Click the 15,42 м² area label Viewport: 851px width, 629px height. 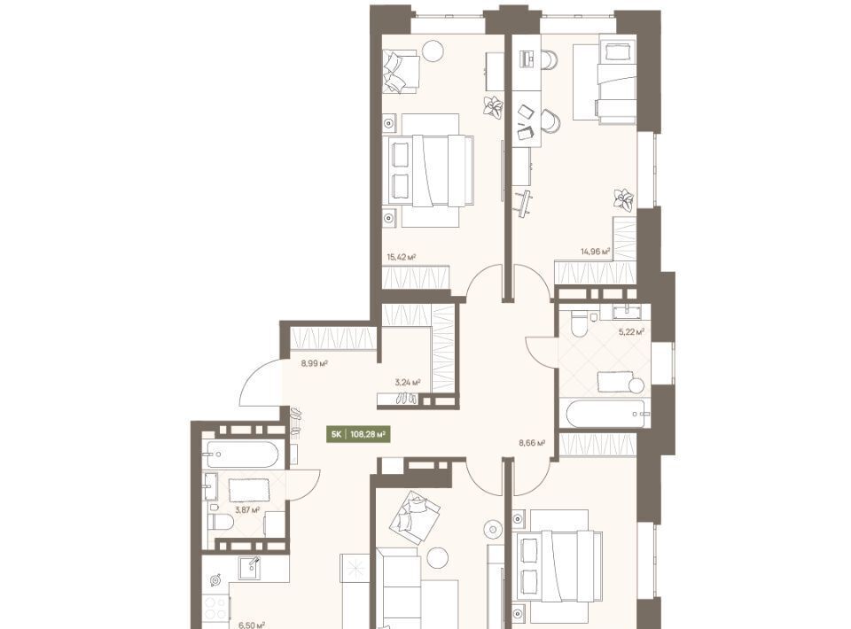coord(401,257)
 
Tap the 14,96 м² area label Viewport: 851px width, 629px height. coord(596,251)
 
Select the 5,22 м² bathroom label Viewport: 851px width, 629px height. coord(631,331)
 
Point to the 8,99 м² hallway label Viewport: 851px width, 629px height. coord(314,363)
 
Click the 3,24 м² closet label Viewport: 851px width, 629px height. coord(408,383)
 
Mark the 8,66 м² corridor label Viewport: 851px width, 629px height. coord(532,442)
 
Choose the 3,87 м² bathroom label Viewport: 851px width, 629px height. coord(247,509)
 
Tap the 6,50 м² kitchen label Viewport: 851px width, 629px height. coord(252,625)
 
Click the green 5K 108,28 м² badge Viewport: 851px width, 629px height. coord(358,434)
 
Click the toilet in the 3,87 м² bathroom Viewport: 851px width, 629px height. coord(221,522)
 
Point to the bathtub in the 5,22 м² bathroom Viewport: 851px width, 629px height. coord(605,414)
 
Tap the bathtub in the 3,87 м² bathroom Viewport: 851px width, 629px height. coord(242,454)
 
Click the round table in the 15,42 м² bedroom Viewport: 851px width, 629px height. coord(433,51)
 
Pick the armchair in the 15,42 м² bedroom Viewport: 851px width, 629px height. coord(401,71)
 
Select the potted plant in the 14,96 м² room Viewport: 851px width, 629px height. coord(624,199)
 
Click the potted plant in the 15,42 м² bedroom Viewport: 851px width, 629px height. coord(494,105)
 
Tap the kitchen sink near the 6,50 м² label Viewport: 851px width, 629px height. coord(251,568)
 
